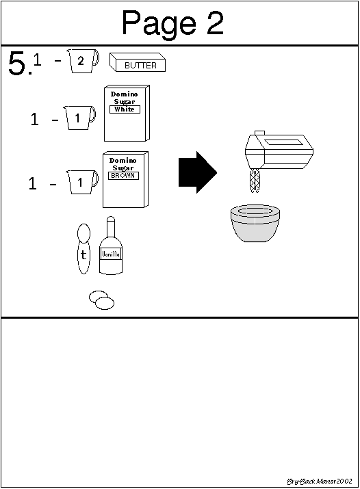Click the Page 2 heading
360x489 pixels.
tap(172, 23)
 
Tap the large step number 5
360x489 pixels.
tap(18, 64)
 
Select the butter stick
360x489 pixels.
tap(138, 62)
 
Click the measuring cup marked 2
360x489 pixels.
tap(82, 61)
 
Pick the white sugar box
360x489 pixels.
tap(127, 114)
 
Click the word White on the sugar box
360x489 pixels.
tap(125, 109)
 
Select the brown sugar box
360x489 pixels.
tap(125, 180)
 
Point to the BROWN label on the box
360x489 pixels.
tap(123, 176)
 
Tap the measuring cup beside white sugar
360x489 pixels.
tap(79, 118)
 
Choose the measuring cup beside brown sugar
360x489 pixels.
tap(81, 182)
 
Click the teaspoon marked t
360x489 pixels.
tap(83, 248)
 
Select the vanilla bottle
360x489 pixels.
tap(111, 246)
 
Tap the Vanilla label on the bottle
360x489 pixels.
tap(111, 254)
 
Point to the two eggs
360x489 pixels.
tap(101, 300)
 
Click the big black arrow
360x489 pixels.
tap(198, 172)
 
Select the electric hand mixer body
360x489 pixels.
tap(279, 150)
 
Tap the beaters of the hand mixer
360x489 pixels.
tap(255, 181)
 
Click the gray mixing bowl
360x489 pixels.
tap(255, 223)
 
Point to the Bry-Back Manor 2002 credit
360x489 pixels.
tap(320, 481)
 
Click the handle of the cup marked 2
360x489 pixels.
tap(97, 57)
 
